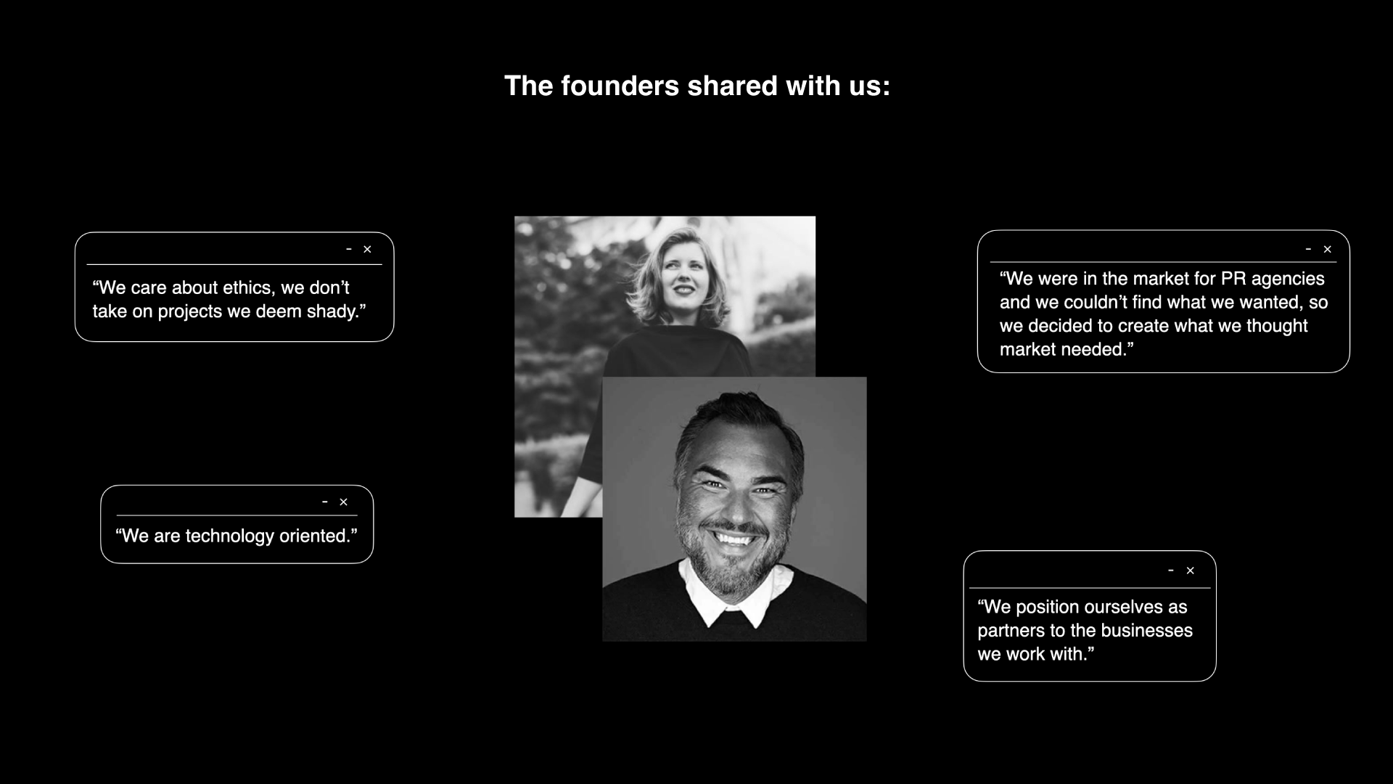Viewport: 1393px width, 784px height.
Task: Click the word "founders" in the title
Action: (620, 86)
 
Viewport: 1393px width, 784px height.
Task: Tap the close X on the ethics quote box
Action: (367, 249)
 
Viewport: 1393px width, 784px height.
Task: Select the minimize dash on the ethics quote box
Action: (349, 249)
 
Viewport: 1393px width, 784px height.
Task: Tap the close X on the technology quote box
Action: (344, 502)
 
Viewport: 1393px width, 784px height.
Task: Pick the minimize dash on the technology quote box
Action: (325, 502)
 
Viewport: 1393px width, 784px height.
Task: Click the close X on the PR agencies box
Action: (1328, 249)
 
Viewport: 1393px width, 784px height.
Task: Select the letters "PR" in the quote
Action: (1233, 279)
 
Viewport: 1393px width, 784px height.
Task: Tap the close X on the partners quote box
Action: (1190, 571)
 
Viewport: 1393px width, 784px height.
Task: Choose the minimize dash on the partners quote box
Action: (1171, 571)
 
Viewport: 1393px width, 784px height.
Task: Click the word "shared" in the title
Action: (733, 86)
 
